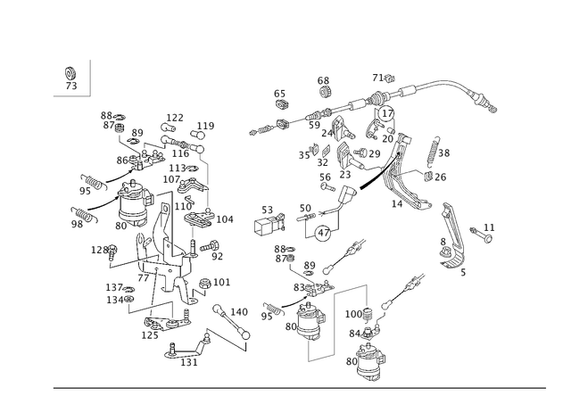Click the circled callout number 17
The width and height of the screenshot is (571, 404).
point(386,113)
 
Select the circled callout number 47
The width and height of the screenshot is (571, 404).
point(323,233)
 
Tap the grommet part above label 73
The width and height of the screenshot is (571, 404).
point(70,73)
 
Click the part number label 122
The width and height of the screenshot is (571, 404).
point(175,118)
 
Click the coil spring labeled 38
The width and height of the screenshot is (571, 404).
point(433,149)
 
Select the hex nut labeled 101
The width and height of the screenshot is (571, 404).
point(204,284)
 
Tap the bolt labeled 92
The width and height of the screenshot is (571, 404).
point(209,245)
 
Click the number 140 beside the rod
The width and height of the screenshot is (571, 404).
point(239,312)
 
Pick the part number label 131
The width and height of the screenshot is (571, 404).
point(189,362)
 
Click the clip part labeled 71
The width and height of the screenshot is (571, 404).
point(390,78)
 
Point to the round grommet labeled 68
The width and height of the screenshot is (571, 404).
point(323,92)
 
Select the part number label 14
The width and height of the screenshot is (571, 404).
point(397,204)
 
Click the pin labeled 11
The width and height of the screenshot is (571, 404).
point(482,235)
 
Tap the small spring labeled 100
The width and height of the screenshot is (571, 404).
point(368,315)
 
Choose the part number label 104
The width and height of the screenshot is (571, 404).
point(225,219)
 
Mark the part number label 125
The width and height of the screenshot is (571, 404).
point(150,335)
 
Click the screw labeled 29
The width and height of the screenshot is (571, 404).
point(360,153)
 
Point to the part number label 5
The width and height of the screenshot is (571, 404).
point(463,272)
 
